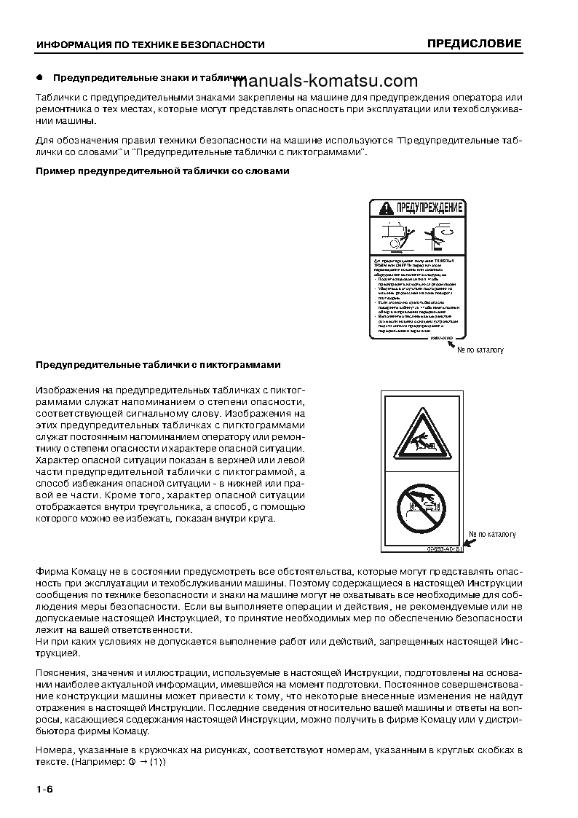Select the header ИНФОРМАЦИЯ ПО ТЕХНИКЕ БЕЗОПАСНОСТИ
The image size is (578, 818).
[150, 44]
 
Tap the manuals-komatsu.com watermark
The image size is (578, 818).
[336, 81]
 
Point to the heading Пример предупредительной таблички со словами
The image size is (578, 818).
[162, 171]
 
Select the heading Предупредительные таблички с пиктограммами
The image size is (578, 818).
[158, 364]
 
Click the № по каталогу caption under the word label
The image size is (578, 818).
[480, 350]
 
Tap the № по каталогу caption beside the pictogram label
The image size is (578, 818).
[492, 535]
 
